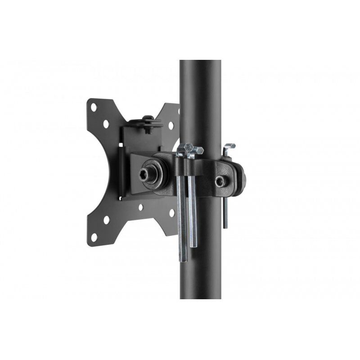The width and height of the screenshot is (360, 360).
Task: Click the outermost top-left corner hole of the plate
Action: coord(94,107)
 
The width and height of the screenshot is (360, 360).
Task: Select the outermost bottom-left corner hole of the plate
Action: coord(94,237)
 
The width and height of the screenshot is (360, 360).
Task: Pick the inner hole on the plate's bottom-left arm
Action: coord(107,220)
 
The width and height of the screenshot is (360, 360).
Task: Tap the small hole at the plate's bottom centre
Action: coord(141,208)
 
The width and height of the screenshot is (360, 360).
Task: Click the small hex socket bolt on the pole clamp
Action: coord(220,181)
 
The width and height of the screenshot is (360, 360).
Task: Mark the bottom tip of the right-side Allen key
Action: coord(225,225)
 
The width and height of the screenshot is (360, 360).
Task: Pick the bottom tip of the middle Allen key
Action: coord(193,245)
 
